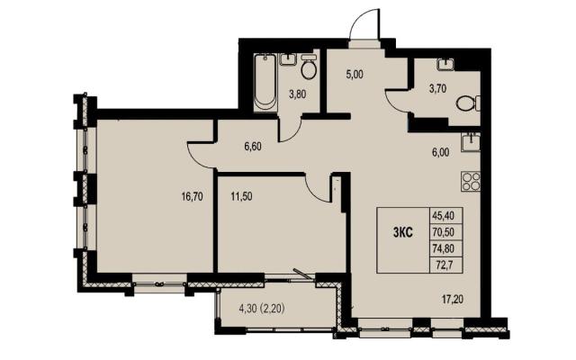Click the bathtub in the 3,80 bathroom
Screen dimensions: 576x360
pos(265,82)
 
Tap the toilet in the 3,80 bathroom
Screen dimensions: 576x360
pos(308,67)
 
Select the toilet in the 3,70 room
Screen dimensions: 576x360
pos(469,103)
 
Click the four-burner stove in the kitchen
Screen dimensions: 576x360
pos(471,182)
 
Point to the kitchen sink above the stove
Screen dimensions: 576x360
pos(471,142)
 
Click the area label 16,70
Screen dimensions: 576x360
pos(192,197)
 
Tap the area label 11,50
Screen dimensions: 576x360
pos(241,197)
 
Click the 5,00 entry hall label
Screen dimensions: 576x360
pos(354,75)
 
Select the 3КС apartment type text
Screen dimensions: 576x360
pos(403,233)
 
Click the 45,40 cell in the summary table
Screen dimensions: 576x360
pos(446,216)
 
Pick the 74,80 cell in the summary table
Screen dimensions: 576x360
pos(446,248)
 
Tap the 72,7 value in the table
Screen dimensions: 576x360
pos(446,265)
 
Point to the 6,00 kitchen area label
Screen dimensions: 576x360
pos(441,152)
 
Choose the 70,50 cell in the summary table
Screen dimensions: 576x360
pos(446,232)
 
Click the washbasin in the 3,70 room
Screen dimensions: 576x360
pos(445,64)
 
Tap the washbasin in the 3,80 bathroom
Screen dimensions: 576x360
pos(288,59)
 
